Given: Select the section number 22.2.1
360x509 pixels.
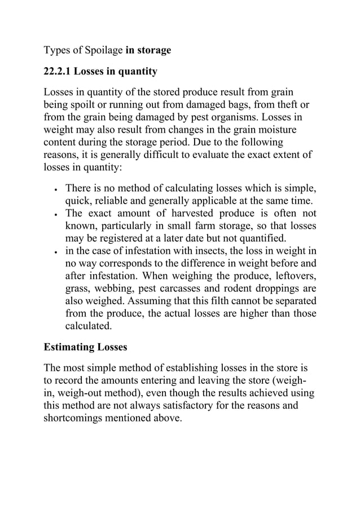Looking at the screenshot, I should coord(62,72).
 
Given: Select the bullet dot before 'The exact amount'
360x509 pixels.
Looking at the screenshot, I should coord(55,215).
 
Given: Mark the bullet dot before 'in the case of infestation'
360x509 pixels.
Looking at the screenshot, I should coord(55,252).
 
